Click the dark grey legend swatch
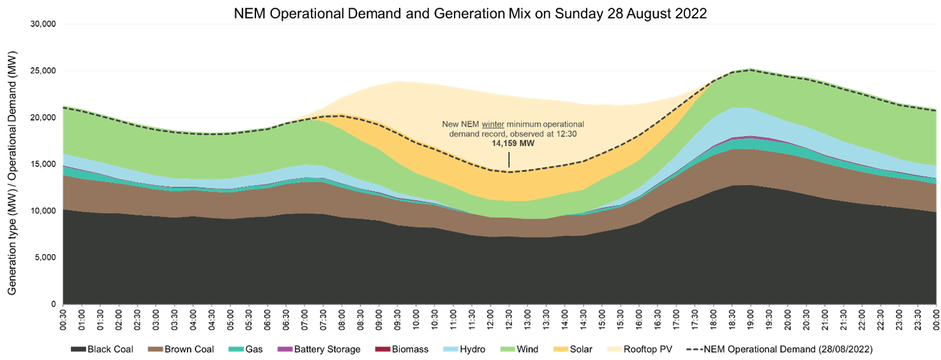tap(79, 349)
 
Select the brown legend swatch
tap(155, 349)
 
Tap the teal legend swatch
tap(236, 349)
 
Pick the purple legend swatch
tap(285, 349)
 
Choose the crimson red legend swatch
tap(382, 349)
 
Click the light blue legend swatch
tap(451, 349)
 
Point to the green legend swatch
tap(508, 349)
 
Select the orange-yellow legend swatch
tap(561, 349)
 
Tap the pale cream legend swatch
tap(614, 349)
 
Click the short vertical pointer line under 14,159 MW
tap(509, 160)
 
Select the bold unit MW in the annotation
tap(527, 144)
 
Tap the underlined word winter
tap(493, 124)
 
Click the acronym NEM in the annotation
tap(470, 124)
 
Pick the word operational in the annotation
tap(562, 124)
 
